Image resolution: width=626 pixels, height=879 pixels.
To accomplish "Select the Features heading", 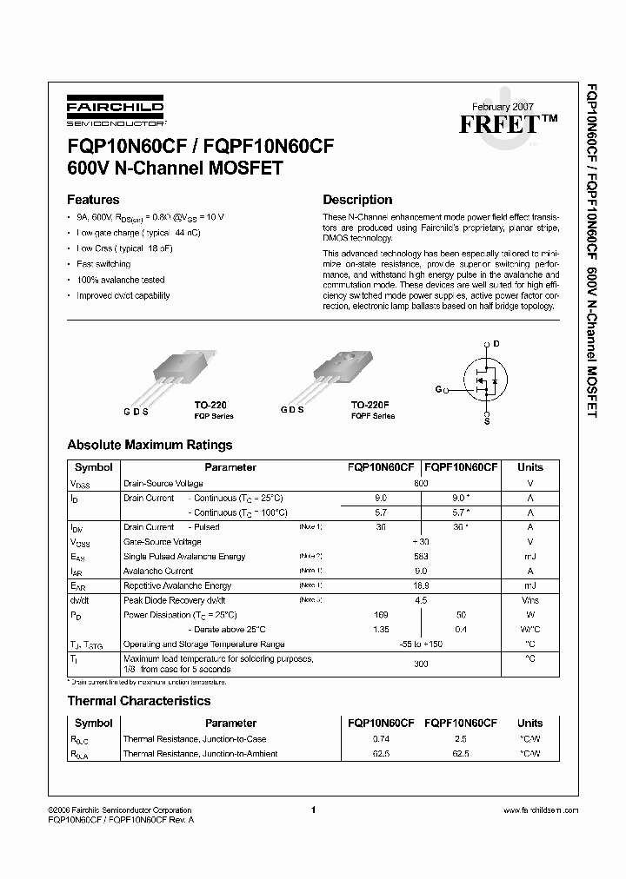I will click(x=93, y=199).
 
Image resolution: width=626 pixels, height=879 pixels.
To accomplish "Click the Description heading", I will click(x=357, y=199).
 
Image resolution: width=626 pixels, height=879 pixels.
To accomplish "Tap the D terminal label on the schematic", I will click(x=496, y=344).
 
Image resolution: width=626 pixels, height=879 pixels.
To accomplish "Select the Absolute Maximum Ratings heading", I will click(x=150, y=445).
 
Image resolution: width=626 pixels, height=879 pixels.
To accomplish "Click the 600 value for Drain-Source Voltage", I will click(x=421, y=483).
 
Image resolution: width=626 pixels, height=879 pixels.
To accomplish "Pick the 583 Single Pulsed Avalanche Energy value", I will click(x=421, y=557).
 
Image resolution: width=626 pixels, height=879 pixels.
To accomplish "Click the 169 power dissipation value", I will click(x=381, y=615).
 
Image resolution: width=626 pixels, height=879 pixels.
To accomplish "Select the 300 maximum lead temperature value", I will click(x=421, y=663).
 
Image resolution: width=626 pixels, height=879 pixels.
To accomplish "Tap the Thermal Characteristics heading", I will click(x=139, y=700).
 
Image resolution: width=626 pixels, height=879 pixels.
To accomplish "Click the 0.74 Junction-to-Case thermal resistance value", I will click(x=381, y=739).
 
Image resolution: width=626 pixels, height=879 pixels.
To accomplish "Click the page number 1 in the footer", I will click(x=312, y=810).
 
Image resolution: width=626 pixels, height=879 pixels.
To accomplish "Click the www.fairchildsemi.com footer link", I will click(x=541, y=810).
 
